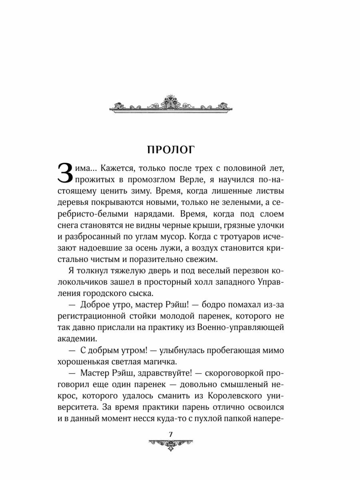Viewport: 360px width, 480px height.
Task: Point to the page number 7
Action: tap(171, 434)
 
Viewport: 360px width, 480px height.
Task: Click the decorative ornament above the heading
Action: tap(171, 106)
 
